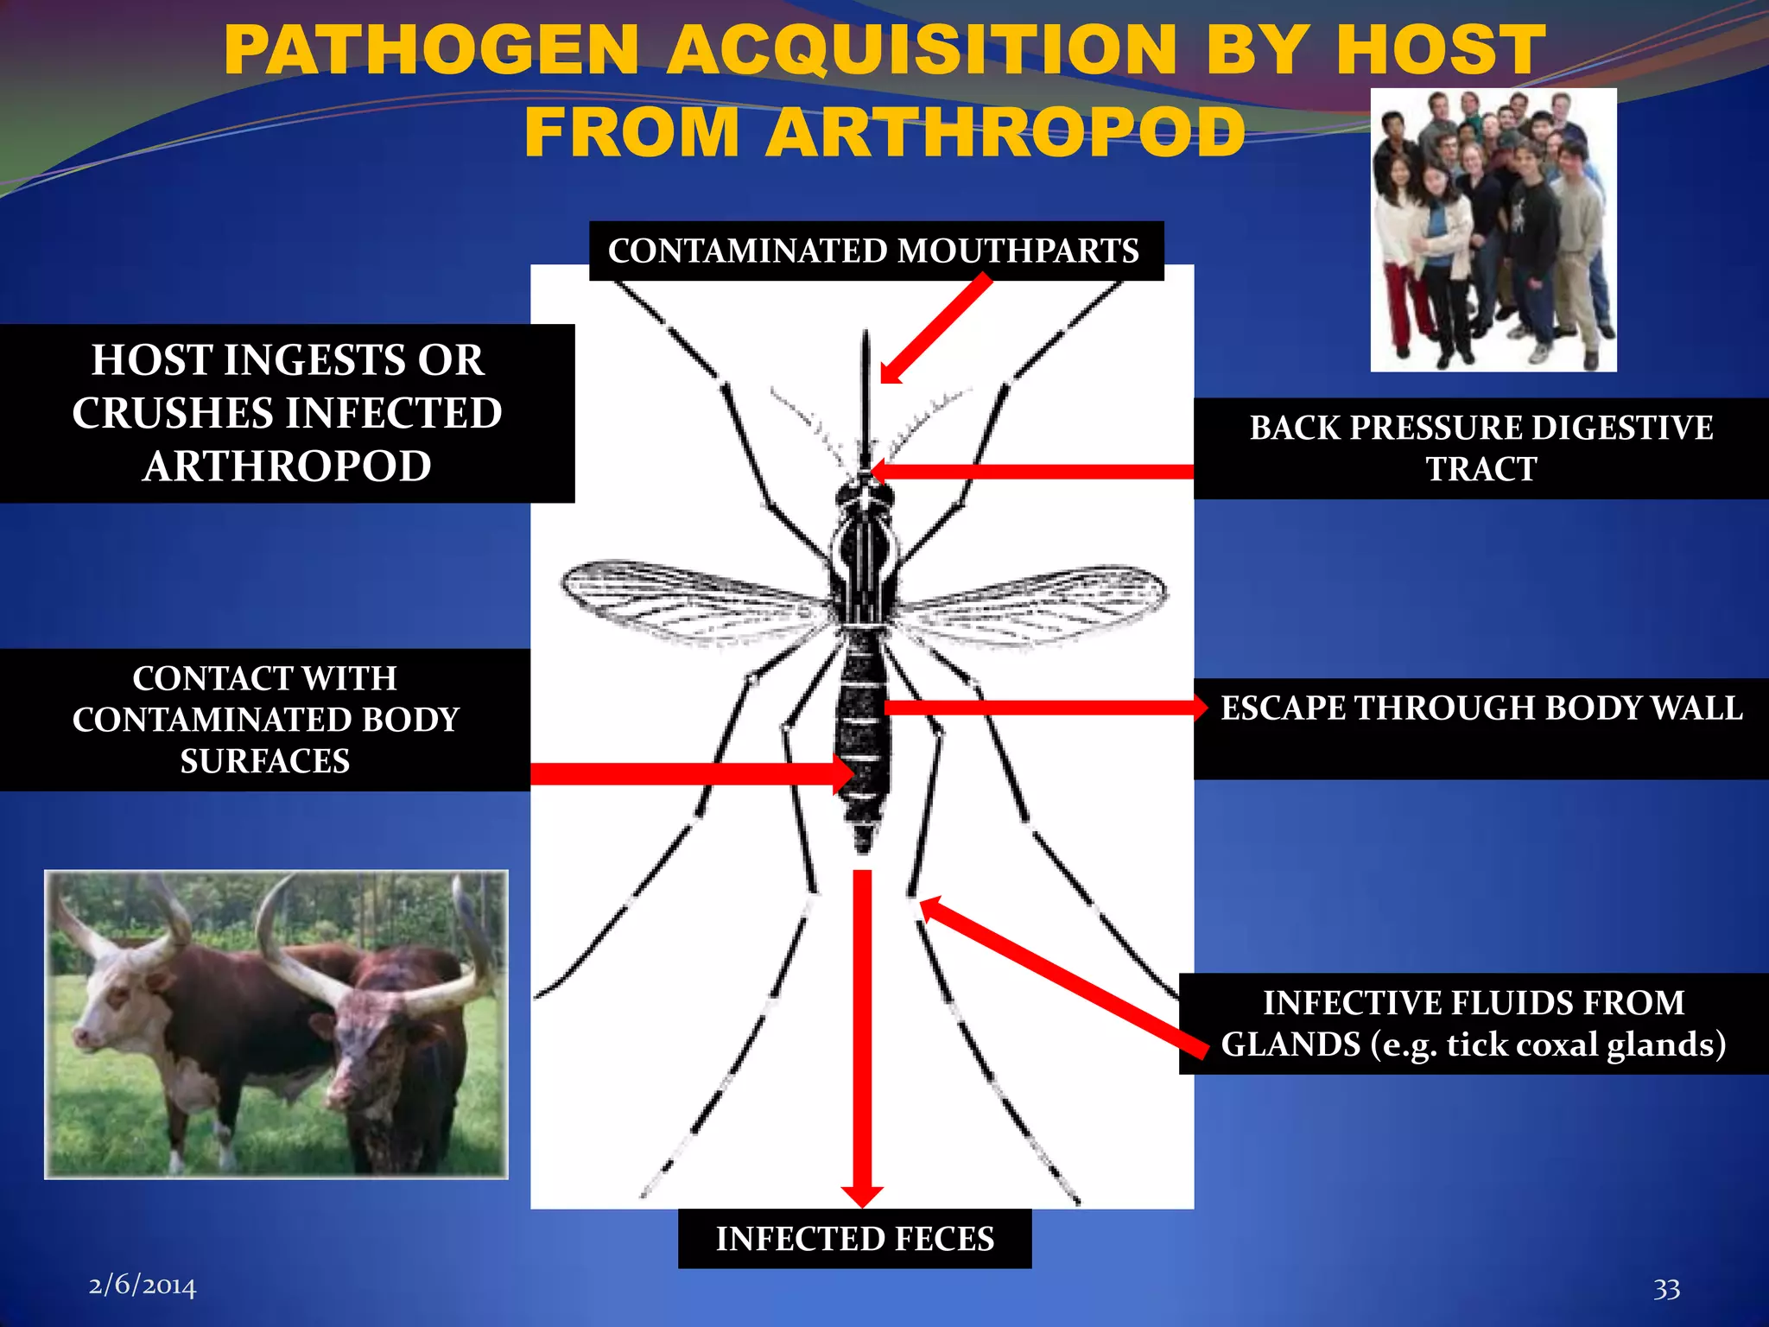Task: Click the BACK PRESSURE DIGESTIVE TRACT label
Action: click(1481, 448)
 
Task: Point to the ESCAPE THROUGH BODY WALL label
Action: click(1481, 708)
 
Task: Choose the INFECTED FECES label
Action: click(854, 1238)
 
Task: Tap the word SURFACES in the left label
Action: click(264, 761)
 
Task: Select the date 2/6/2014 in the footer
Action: click(143, 1286)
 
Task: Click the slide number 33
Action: click(1666, 1289)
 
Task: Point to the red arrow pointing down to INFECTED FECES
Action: click(862, 1037)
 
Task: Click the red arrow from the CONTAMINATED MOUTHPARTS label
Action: click(937, 328)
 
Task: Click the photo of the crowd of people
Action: click(1493, 230)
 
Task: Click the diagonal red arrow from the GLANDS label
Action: click(1062, 976)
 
